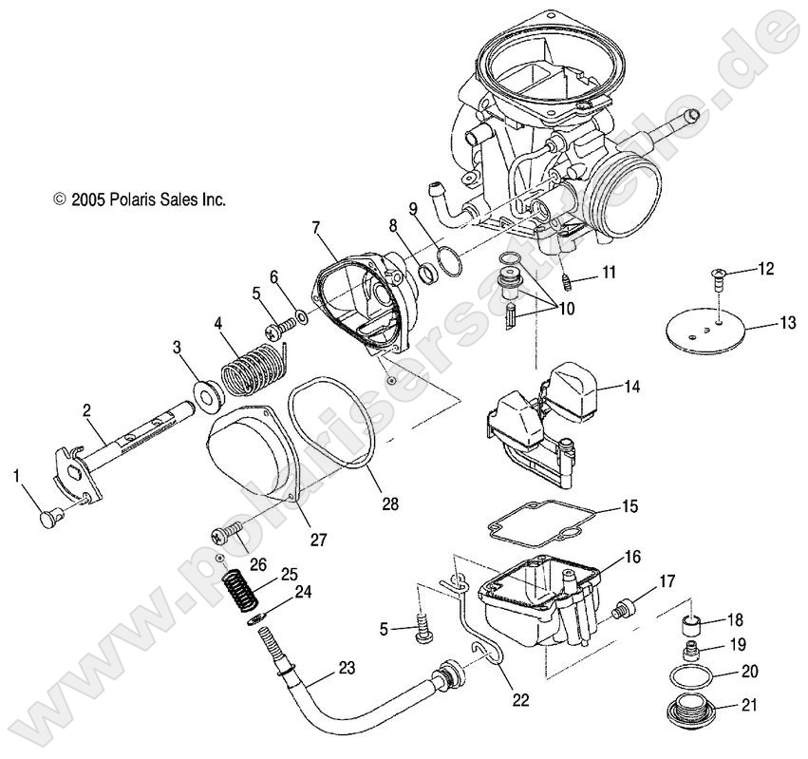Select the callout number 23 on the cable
347,667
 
